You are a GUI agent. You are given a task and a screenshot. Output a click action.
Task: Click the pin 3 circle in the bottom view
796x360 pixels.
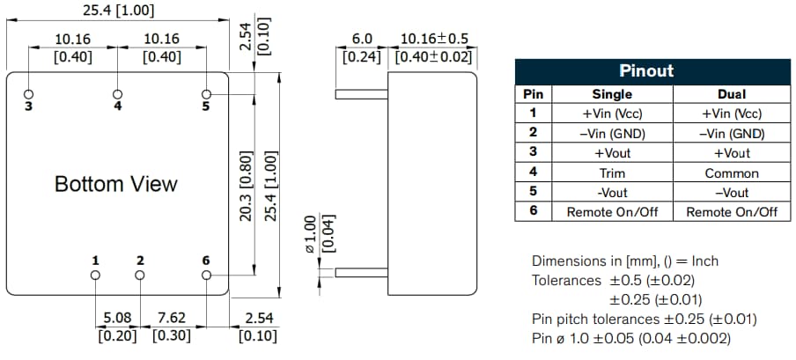29,93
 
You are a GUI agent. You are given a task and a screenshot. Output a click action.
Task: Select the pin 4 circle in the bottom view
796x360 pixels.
118,93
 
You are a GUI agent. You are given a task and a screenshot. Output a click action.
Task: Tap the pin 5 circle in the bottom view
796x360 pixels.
207,93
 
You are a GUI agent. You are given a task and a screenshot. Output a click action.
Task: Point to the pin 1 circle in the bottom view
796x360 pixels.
95,275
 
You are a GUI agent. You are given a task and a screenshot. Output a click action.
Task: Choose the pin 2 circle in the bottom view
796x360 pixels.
140,275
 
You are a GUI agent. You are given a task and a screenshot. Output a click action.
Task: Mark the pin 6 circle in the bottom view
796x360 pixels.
207,275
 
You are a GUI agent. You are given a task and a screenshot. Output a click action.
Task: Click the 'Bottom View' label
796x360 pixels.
115,184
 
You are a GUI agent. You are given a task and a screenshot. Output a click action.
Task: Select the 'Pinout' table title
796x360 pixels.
647,71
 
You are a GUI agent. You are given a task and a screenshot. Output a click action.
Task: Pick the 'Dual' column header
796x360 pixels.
732,93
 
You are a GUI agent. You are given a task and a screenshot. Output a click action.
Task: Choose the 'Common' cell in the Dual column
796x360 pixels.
732,173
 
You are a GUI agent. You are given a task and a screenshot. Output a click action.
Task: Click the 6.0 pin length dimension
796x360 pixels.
363,40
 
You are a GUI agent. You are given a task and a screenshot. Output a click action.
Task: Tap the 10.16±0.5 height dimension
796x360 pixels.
434,40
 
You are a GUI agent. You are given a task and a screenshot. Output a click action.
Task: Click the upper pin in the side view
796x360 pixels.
362,92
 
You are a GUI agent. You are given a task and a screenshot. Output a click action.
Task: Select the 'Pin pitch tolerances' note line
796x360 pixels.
644,319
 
